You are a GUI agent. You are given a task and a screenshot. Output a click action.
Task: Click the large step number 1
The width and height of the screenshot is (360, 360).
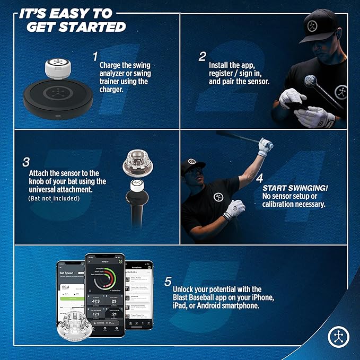pyautogui.click(x=95, y=56)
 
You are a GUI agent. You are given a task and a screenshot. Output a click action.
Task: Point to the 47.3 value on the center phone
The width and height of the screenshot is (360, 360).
pyautogui.click(x=96, y=301)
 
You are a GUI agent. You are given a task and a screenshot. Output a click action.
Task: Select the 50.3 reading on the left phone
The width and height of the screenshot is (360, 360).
pyautogui.click(x=66, y=287)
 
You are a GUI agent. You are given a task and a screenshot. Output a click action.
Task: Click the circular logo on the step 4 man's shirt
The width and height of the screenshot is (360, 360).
pyautogui.click(x=218, y=197)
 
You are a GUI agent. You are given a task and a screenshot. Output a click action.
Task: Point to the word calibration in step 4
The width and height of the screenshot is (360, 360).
pyautogui.click(x=282, y=205)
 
